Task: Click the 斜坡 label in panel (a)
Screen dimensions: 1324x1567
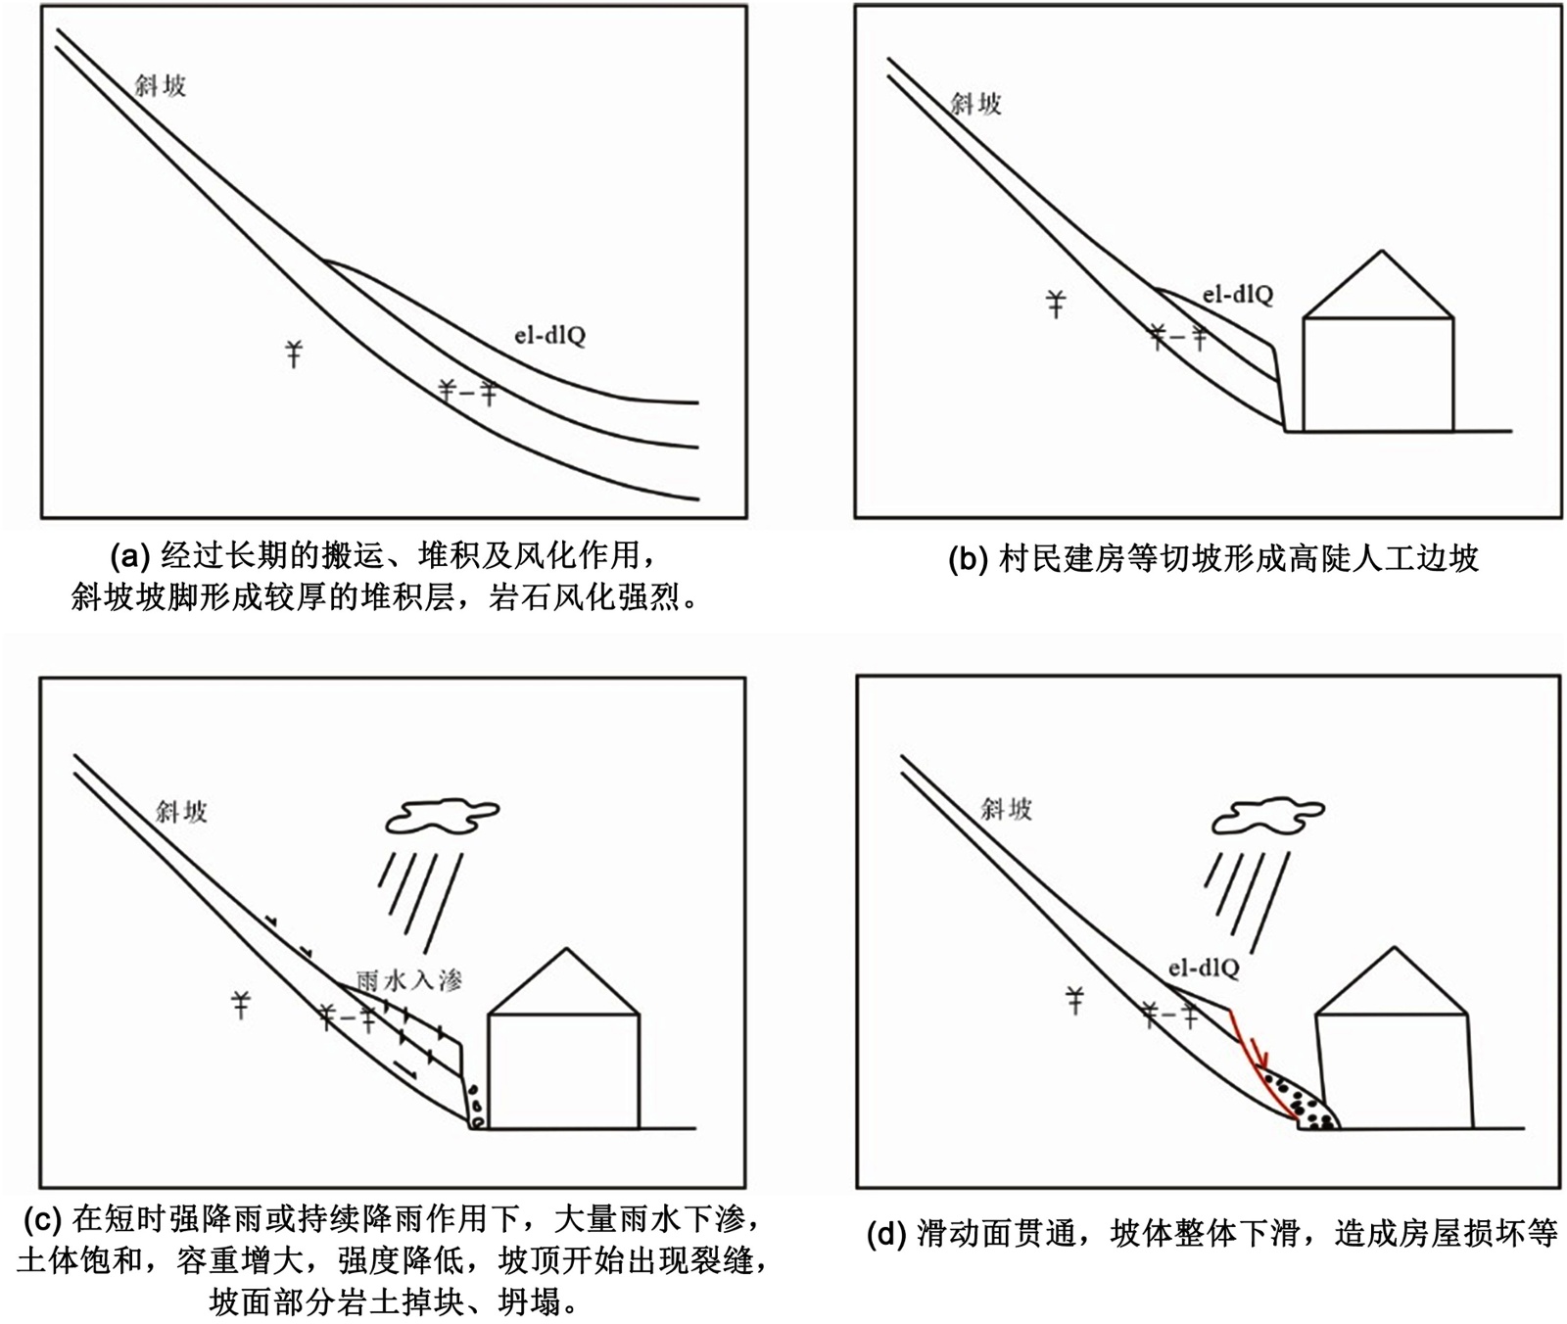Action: tap(161, 86)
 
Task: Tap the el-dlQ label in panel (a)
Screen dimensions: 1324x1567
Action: tap(549, 336)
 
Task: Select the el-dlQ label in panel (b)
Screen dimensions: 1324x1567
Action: tap(1238, 293)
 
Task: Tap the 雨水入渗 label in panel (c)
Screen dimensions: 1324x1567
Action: tap(408, 978)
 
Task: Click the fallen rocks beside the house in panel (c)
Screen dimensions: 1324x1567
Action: tap(475, 1108)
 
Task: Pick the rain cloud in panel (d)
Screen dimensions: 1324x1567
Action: tap(1267, 816)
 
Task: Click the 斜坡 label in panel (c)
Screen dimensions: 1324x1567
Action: tap(182, 811)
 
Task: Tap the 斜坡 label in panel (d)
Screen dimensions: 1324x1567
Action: tap(1007, 809)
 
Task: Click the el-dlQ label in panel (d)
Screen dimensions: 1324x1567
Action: tap(1203, 969)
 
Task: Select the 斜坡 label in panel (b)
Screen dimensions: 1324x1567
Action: tap(976, 104)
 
